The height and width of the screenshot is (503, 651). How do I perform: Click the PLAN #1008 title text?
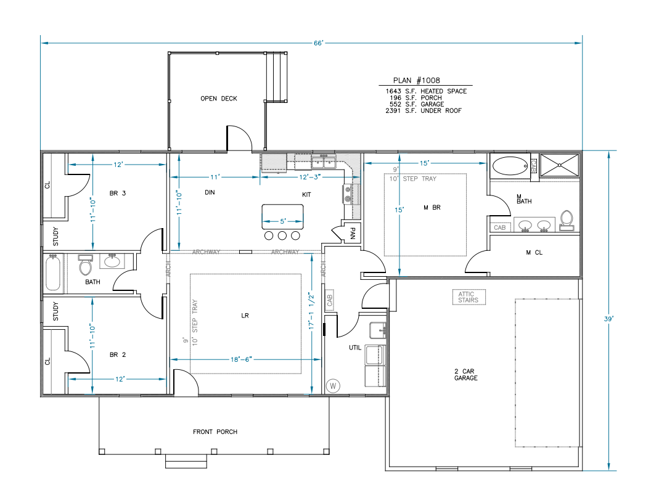pyautogui.click(x=416, y=80)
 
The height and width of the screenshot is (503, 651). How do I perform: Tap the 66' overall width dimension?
pyautogui.click(x=318, y=43)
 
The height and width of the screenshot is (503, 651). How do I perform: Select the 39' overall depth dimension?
pyautogui.click(x=609, y=319)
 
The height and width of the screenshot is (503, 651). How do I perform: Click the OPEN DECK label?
pyautogui.click(x=218, y=99)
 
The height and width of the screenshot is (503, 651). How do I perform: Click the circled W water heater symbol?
pyautogui.click(x=334, y=386)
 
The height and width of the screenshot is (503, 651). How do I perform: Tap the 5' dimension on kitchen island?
pyautogui.click(x=283, y=221)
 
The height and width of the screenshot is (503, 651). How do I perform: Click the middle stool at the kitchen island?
pyautogui.click(x=282, y=235)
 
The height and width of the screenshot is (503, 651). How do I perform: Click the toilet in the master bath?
pyautogui.click(x=567, y=219)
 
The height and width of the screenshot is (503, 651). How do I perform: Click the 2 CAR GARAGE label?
pyautogui.click(x=466, y=374)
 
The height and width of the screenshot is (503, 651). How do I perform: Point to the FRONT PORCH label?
pyautogui.click(x=215, y=431)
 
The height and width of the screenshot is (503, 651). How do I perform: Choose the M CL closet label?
pyautogui.click(x=533, y=253)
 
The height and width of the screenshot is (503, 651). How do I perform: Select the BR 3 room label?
pyautogui.click(x=117, y=193)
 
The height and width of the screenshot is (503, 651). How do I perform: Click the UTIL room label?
pyautogui.click(x=355, y=348)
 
